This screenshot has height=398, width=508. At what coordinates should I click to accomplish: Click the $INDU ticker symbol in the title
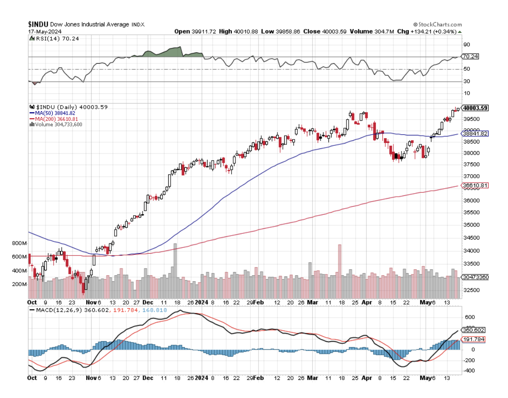[x=38, y=24]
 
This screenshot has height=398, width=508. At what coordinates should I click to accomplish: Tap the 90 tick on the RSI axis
[x=466, y=45]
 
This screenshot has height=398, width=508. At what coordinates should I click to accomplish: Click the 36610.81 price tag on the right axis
[x=476, y=185]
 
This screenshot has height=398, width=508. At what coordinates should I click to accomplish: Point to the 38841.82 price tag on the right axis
[x=476, y=134]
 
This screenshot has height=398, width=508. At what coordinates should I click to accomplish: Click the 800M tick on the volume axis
[x=19, y=243]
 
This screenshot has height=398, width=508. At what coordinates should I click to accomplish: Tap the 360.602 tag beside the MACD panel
[x=475, y=330]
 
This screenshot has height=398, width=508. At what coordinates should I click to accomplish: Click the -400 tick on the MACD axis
[x=468, y=370]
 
